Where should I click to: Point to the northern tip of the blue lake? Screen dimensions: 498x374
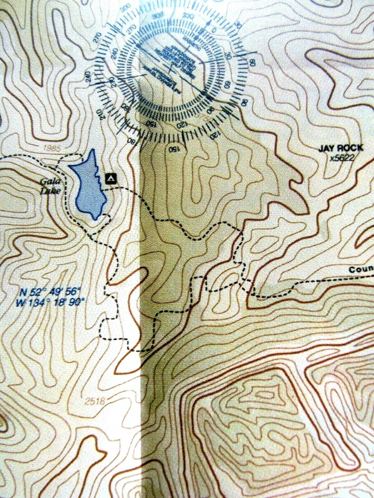click(92, 151)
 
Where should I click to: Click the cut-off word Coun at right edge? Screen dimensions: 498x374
click(360, 270)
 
